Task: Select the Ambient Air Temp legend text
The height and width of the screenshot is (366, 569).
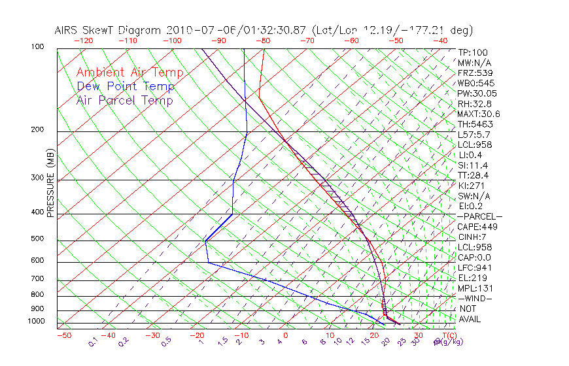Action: (130, 73)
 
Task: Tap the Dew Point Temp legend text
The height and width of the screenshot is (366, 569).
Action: (126, 87)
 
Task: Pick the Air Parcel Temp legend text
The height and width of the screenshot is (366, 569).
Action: (125, 101)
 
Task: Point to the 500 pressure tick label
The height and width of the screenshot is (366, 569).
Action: (38, 239)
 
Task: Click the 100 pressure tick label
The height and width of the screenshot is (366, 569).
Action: (38, 47)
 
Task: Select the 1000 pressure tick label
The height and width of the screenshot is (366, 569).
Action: (36, 322)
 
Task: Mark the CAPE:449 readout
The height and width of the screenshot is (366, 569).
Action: (478, 227)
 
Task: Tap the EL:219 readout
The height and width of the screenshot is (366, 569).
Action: (472, 278)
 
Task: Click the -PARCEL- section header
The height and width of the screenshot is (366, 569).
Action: (479, 216)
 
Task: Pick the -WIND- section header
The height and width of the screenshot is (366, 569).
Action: (475, 298)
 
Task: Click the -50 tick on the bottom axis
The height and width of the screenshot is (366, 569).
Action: (64, 336)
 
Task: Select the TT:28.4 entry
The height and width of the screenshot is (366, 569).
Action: (472, 175)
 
